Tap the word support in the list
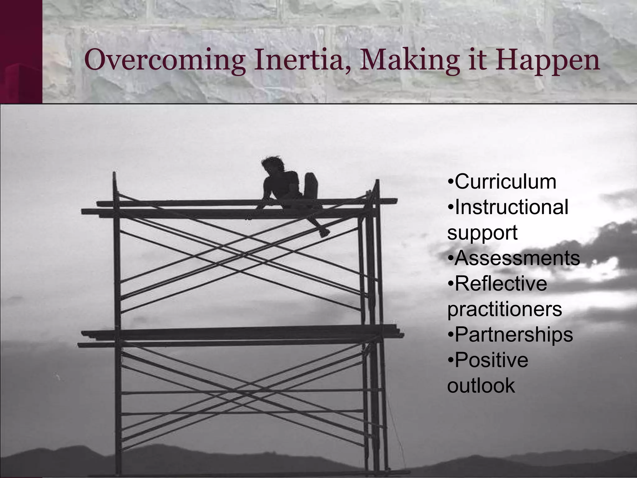tap(482, 233)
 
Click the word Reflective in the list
tap(500, 284)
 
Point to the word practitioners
tap(504, 309)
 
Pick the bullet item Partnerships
tap(514, 335)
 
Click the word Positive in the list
tap(491, 360)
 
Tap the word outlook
tap(481, 386)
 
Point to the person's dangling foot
tap(324, 232)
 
